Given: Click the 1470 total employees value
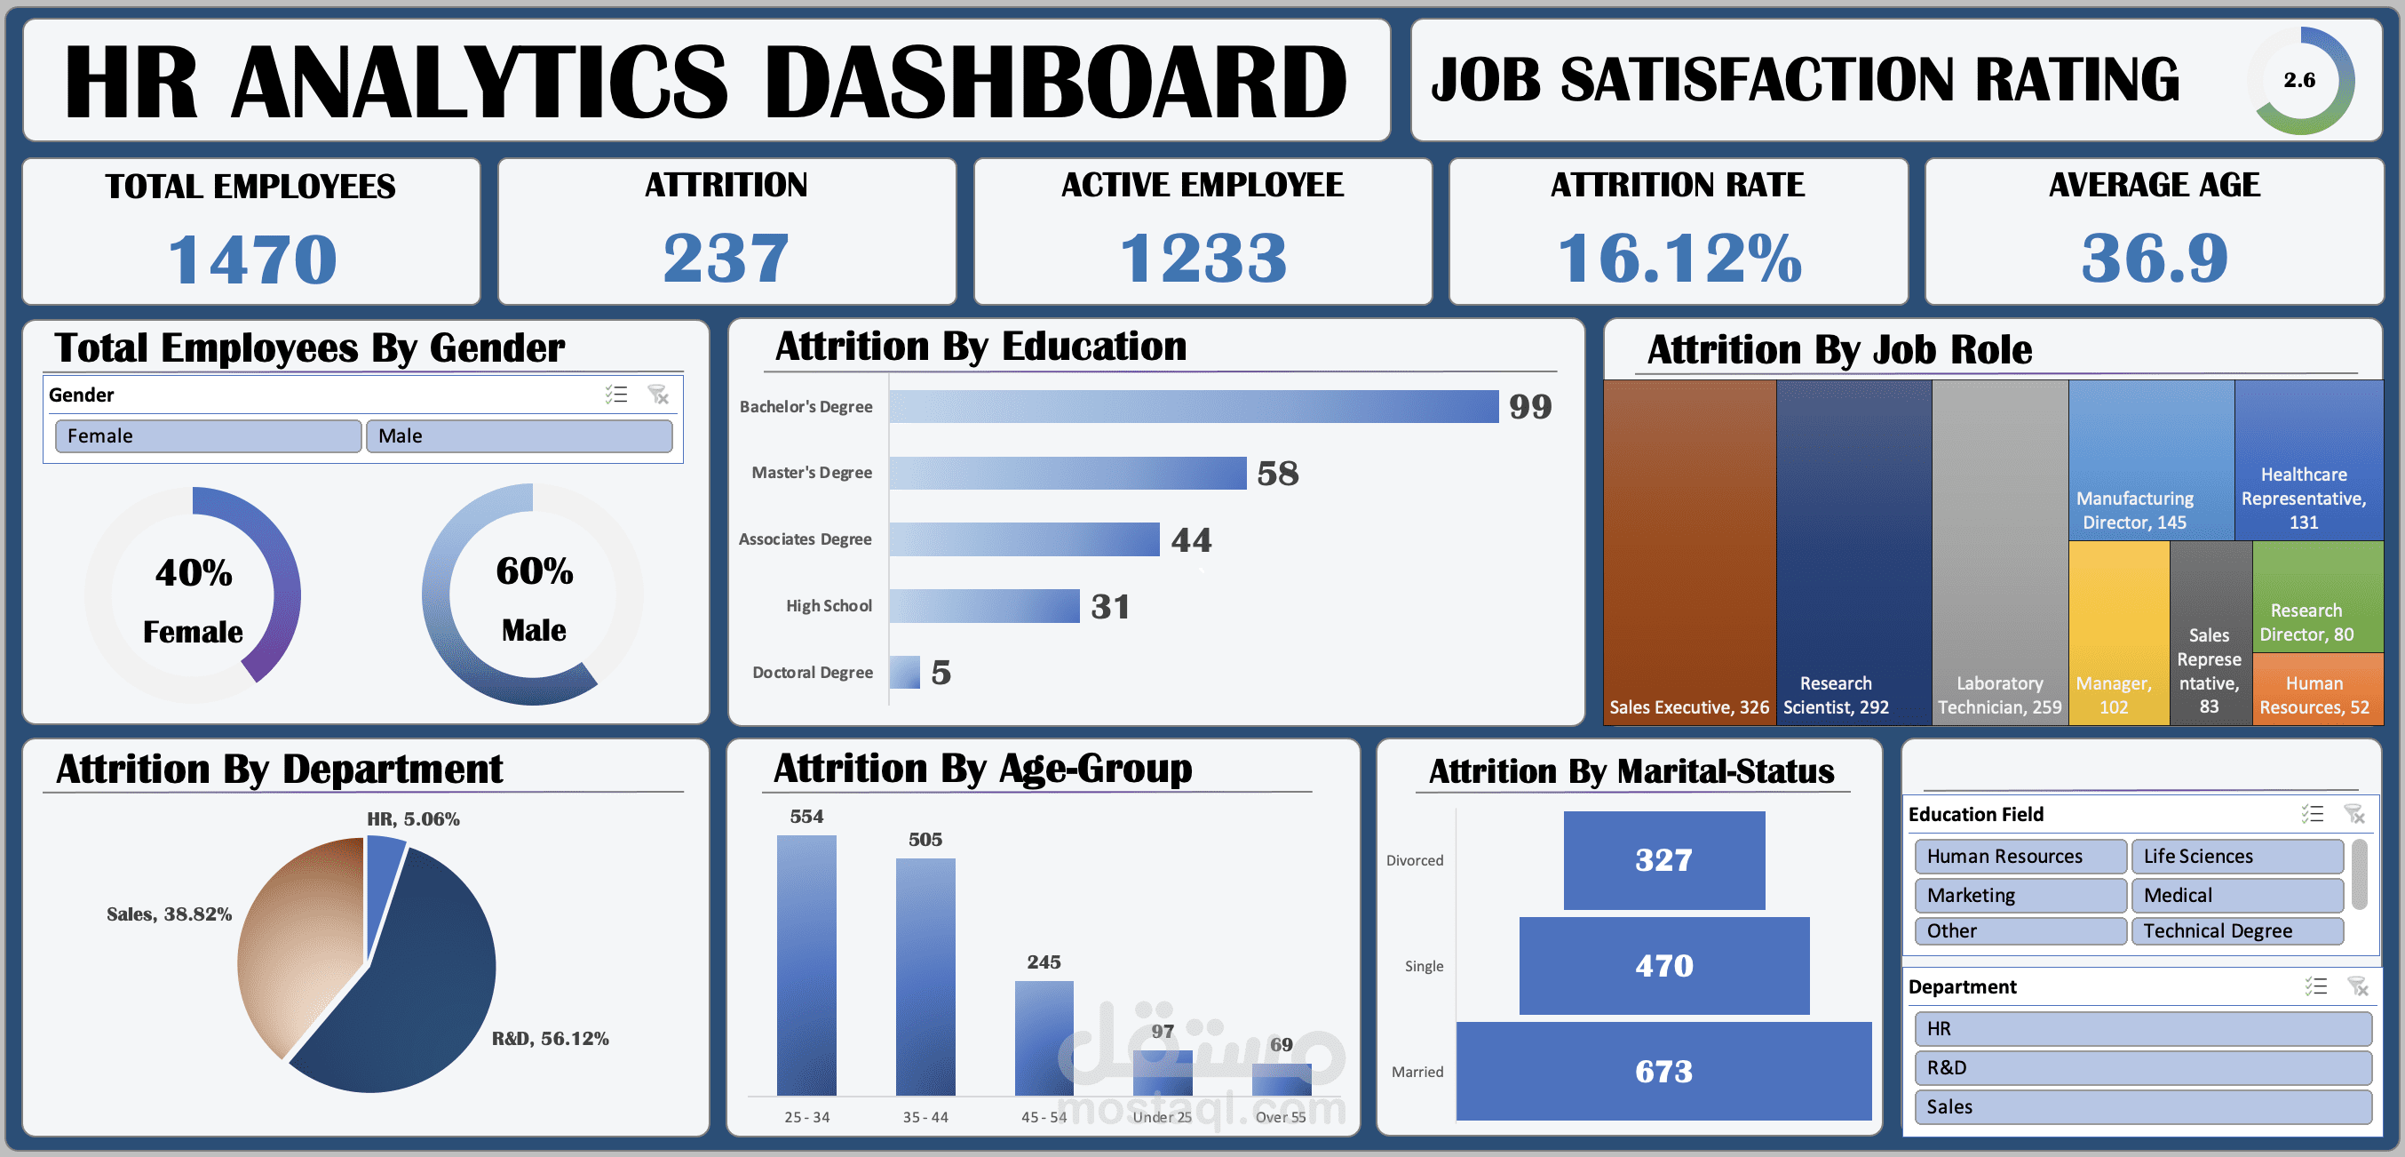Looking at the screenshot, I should pyautogui.click(x=252, y=259).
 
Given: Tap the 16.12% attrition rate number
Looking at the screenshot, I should pyautogui.click(x=1679, y=258).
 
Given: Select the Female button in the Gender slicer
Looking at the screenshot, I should pyautogui.click(x=207, y=436).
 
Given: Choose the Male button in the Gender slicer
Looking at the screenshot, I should pyautogui.click(x=518, y=436).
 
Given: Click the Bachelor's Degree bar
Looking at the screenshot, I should pyautogui.click(x=1193, y=406).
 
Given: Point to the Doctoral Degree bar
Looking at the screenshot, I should pyautogui.click(x=905, y=673).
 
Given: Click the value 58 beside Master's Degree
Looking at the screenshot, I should pyautogui.click(x=1277, y=474).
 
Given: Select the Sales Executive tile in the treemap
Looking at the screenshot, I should pyautogui.click(x=1689, y=551).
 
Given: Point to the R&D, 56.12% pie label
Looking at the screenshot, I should pyautogui.click(x=550, y=1039).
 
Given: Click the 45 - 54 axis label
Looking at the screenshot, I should pyautogui.click(x=1044, y=1117).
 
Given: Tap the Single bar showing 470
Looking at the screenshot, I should pyautogui.click(x=1663, y=966).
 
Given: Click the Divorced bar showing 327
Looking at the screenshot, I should pyautogui.click(x=1663, y=860).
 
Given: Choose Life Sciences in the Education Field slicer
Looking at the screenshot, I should pyautogui.click(x=2236, y=857).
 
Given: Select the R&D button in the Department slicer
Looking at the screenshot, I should pyautogui.click(x=2142, y=1067).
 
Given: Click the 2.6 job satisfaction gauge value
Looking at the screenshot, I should pyautogui.click(x=2298, y=80).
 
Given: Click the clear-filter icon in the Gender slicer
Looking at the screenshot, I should pyautogui.click(x=658, y=395).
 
